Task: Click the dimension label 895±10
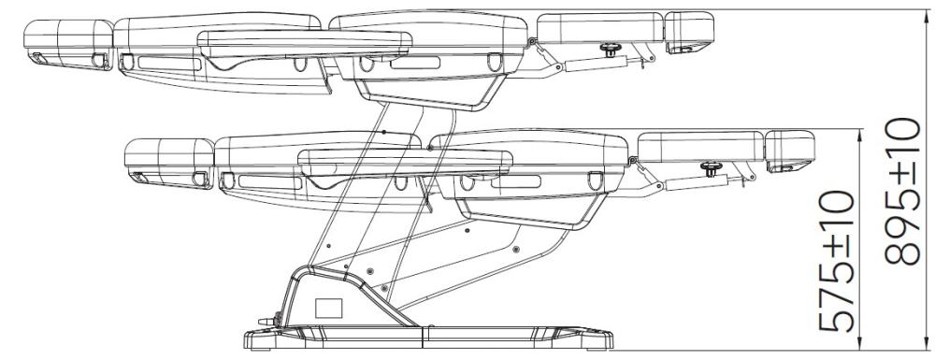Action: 902,191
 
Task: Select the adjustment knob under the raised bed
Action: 610,49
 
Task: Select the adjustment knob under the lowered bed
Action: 711,168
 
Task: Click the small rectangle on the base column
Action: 328,308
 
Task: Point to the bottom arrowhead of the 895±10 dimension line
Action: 927,343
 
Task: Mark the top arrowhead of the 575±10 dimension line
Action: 859,137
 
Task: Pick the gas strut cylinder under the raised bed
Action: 595,64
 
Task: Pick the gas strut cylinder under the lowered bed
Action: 696,182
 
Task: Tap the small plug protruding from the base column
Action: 269,320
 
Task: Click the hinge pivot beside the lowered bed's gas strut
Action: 631,160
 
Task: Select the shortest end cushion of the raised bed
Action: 689,32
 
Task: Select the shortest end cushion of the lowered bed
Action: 790,151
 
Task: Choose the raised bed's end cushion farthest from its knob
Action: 68,43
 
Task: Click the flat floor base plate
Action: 429,338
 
